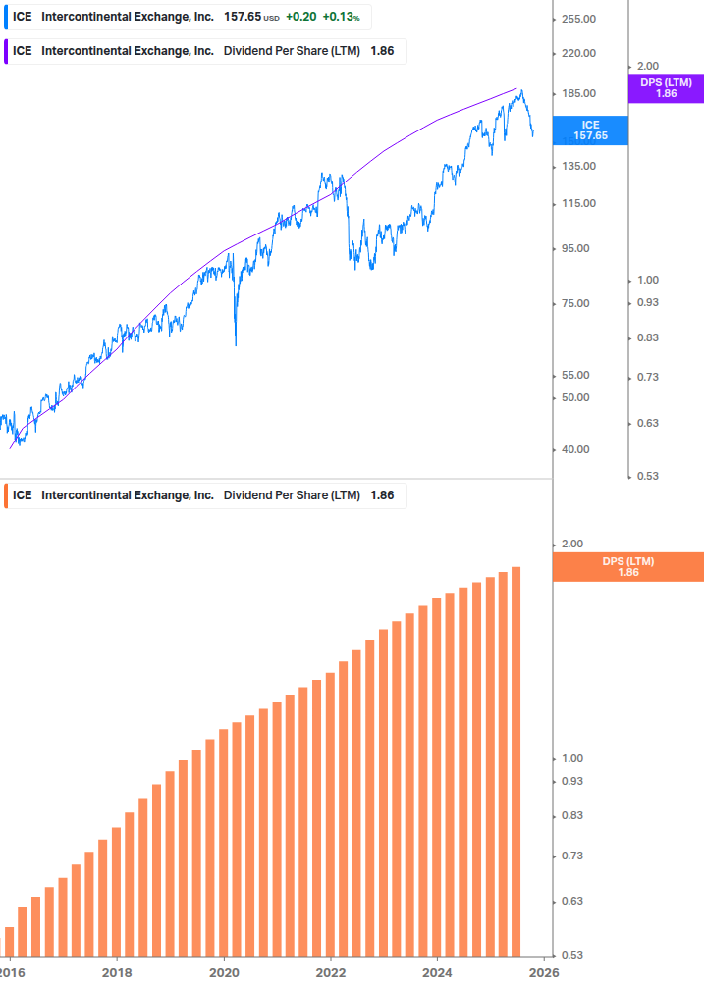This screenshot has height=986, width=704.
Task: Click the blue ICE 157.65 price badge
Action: click(590, 130)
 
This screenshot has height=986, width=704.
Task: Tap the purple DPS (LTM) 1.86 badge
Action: click(666, 87)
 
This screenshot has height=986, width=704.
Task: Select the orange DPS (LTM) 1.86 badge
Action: click(627, 566)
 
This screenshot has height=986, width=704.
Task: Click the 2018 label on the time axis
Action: click(117, 971)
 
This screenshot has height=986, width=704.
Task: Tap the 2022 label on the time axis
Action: click(331, 971)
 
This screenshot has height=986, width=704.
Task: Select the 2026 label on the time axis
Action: click(544, 971)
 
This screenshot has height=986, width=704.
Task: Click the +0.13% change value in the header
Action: click(342, 17)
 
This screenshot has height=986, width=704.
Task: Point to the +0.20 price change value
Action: click(301, 17)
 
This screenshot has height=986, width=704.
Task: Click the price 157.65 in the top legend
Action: click(243, 17)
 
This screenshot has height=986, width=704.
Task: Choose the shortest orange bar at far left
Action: click(10, 941)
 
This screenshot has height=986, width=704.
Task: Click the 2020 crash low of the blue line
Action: click(236, 343)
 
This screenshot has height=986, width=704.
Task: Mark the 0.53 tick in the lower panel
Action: click(571, 955)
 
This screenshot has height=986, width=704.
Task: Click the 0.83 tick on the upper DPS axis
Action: click(647, 337)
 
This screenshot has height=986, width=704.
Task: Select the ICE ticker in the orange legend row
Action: click(23, 495)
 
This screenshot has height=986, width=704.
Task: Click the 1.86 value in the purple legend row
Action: click(382, 51)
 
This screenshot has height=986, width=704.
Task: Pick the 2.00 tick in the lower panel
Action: click(571, 544)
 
